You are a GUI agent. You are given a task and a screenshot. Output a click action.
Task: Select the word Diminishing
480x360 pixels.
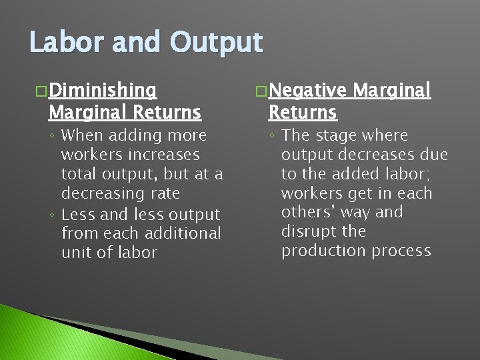coord(103,90)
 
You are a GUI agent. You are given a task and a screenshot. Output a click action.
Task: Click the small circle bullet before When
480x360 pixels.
coord(52,136)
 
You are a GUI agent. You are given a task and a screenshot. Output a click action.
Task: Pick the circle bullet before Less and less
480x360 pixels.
coord(52,215)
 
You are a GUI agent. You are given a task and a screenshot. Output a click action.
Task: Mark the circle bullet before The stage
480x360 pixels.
coord(272,136)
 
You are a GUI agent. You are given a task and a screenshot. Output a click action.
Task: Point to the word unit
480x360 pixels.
coord(75,253)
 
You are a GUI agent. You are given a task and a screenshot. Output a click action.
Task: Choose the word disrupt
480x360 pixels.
coord(305,231)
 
